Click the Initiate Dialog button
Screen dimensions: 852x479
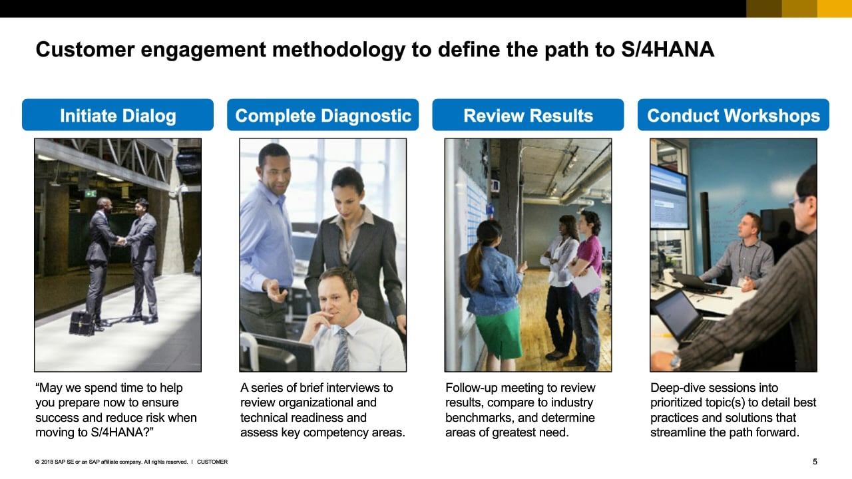pos(118,115)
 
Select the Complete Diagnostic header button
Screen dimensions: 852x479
pos(323,115)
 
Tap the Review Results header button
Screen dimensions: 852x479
pos(528,115)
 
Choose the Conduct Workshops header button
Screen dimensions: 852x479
pos(734,115)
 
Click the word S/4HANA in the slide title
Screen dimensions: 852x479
pos(668,49)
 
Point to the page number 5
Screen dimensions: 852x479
pos(815,462)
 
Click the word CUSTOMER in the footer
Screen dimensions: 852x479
pos(212,462)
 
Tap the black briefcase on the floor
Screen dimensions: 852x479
pos(82,323)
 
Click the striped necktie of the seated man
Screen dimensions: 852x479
pos(341,350)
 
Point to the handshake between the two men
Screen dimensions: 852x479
pos(121,241)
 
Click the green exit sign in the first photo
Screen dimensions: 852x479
pos(91,194)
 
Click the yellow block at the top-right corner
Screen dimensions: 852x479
pos(835,9)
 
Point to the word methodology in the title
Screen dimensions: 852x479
pos(339,50)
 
